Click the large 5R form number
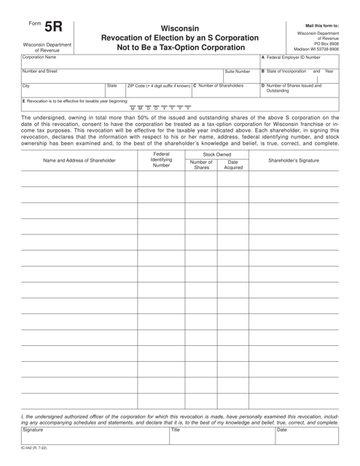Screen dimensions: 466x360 (x=53, y=28)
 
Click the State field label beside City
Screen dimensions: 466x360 (x=111, y=86)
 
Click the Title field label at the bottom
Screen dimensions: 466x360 (x=175, y=430)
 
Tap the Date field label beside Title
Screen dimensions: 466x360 (x=283, y=430)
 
